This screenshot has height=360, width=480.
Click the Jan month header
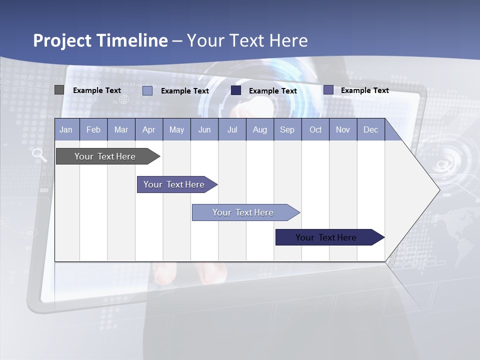pyautogui.click(x=66, y=129)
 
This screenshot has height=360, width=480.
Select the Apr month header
pyautogui.click(x=149, y=129)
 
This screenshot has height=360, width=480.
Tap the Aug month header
pyautogui.click(x=260, y=129)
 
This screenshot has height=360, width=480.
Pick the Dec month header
pyautogui.click(x=370, y=129)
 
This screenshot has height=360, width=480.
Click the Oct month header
pyautogui.click(x=315, y=129)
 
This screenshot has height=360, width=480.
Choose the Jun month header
pyautogui.click(x=204, y=129)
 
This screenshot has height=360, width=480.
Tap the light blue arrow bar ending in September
pyautogui.click(x=243, y=212)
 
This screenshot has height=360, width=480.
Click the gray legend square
pyautogui.click(x=59, y=90)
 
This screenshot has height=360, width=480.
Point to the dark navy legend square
pyautogui.click(x=236, y=90)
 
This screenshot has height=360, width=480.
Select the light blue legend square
pyautogui.click(x=147, y=90)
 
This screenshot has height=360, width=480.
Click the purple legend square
pyautogui.click(x=328, y=90)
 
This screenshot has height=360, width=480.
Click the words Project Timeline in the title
pyautogui.click(x=100, y=40)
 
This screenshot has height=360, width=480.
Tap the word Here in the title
pyautogui.click(x=288, y=40)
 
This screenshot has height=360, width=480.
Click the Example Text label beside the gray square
pyautogui.click(x=97, y=90)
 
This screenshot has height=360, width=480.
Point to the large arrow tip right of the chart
pyautogui.click(x=425, y=189)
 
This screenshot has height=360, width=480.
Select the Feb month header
pyautogui.click(x=93, y=129)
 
